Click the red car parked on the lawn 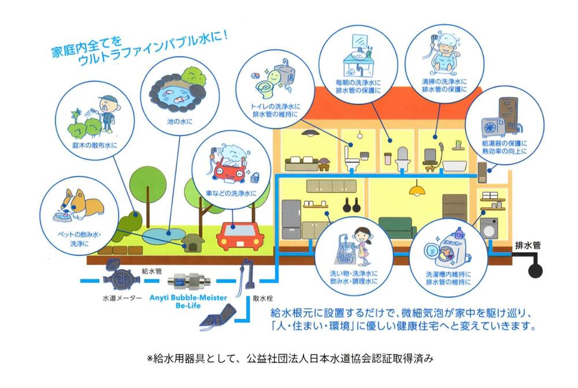pyautogui.click(x=240, y=236)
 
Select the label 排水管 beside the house pyautogui.click(x=528, y=245)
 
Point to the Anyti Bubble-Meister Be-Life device pyautogui.click(x=188, y=282)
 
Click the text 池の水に pyautogui.click(x=180, y=121)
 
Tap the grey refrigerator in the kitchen pyautogui.click(x=291, y=219)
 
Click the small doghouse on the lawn pyautogui.click(x=192, y=242)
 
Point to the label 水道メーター pyautogui.click(x=122, y=298)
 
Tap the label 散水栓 pyautogui.click(x=263, y=299)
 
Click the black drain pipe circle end pyautogui.click(x=535, y=271)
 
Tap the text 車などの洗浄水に pyautogui.click(x=231, y=193)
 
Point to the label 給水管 pyautogui.click(x=152, y=271)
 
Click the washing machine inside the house pyautogui.click(x=489, y=228)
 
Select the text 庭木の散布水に pyautogui.click(x=95, y=145)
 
